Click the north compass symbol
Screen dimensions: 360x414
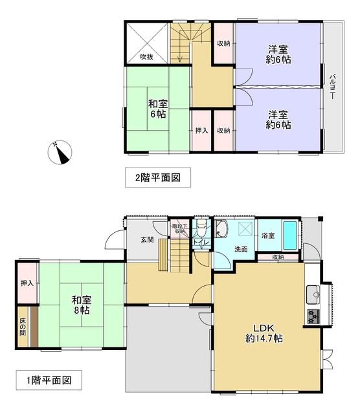(x=60, y=153)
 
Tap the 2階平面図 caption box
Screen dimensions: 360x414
(x=158, y=177)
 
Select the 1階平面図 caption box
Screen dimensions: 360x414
(x=49, y=380)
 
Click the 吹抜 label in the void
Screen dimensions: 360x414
(x=146, y=57)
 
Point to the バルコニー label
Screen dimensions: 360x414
(x=332, y=87)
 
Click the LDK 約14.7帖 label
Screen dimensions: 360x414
(x=264, y=333)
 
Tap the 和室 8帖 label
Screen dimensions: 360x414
(x=82, y=305)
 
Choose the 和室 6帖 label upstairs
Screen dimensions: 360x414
(x=158, y=109)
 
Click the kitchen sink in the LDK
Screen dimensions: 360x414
(x=313, y=295)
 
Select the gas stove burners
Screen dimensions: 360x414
(x=313, y=316)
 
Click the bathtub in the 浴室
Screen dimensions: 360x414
(x=290, y=235)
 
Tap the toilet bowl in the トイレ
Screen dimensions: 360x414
(x=201, y=228)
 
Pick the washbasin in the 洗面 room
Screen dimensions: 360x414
(x=221, y=229)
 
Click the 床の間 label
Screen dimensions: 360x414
(x=23, y=326)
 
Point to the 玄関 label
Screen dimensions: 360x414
(x=147, y=240)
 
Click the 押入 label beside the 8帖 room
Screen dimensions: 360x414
(x=27, y=283)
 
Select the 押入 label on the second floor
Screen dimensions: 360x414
(x=201, y=131)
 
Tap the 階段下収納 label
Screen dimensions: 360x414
(x=180, y=228)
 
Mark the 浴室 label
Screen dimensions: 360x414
(x=268, y=235)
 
